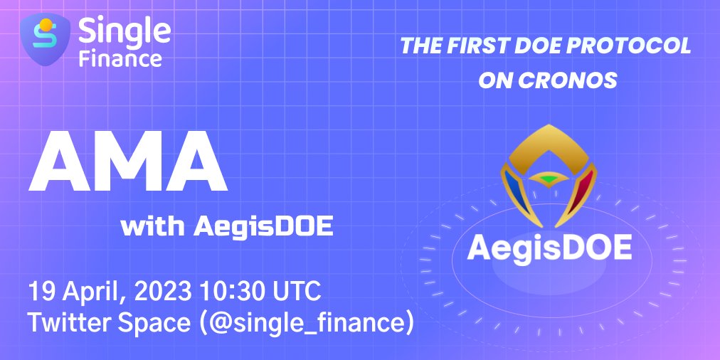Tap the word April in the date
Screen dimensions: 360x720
95,292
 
